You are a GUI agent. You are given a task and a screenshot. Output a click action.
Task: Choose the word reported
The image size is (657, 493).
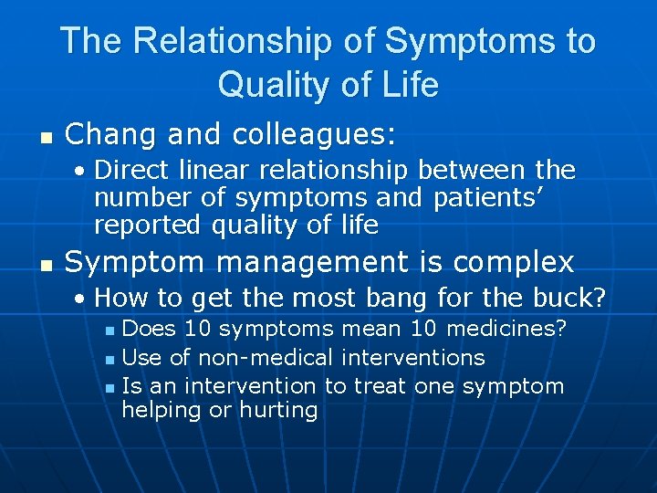click(x=149, y=224)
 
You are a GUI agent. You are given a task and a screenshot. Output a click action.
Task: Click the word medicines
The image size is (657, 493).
click(x=509, y=328)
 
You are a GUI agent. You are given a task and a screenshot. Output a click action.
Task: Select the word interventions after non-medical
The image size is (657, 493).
click(x=412, y=357)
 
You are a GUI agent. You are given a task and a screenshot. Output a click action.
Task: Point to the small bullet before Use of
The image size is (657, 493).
click(x=109, y=359)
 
